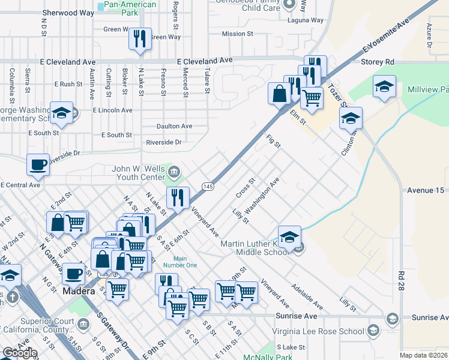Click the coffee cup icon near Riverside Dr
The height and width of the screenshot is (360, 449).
click(x=39, y=164)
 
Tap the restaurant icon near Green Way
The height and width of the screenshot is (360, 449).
click(x=139, y=39)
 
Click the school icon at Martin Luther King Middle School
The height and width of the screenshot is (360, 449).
click(x=289, y=236)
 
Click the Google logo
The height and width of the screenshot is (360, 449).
click(x=20, y=353)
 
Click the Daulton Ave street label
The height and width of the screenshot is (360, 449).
click(x=174, y=127)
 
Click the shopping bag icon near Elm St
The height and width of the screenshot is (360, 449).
click(x=280, y=94)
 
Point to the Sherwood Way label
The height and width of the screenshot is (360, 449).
click(x=68, y=13)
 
